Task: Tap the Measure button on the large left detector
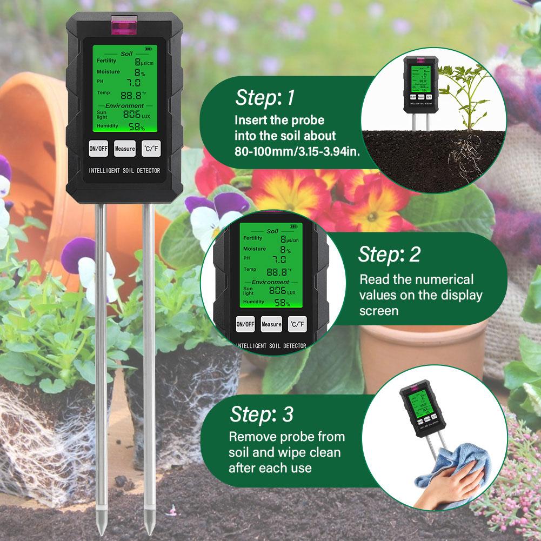click(125, 149)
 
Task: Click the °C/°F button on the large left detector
click(151, 149)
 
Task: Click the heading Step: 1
click(265, 98)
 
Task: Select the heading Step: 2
click(389, 255)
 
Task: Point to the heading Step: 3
click(262, 415)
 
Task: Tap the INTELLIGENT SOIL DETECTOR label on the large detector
click(124, 171)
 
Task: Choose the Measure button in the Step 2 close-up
click(271, 324)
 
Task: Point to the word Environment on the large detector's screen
click(124, 106)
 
